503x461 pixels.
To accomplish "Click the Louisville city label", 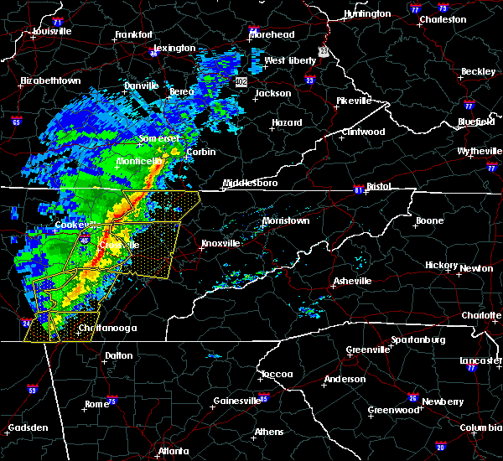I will tap(51, 32).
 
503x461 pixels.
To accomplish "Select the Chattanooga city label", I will tap(106, 329).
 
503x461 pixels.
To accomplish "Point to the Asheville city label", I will tap(350, 280).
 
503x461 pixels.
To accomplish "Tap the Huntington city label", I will tap(366, 14).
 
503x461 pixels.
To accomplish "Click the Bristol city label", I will tap(378, 186).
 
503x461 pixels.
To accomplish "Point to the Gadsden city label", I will tap(26, 428).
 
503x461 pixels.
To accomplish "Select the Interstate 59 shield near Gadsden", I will tap(33, 390).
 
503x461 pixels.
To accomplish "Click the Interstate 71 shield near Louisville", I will tap(58, 19).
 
